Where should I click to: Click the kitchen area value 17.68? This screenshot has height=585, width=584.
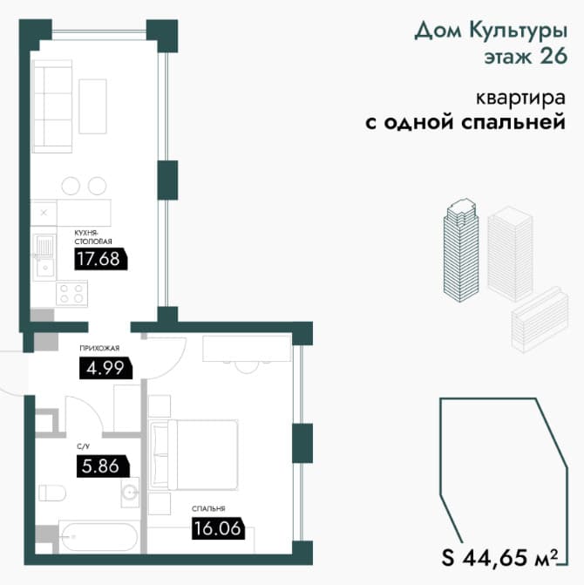(x=98, y=259)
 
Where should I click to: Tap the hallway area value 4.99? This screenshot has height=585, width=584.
(x=105, y=368)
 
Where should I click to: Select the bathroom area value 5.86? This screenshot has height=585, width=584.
(x=100, y=466)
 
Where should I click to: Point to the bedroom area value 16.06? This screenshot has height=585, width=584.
(x=217, y=528)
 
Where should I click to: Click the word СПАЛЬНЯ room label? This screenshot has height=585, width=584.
(x=208, y=508)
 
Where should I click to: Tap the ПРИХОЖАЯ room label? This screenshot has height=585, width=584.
(x=99, y=348)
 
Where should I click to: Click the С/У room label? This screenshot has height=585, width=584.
(x=83, y=446)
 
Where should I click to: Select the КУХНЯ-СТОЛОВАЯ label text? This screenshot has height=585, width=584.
(x=93, y=237)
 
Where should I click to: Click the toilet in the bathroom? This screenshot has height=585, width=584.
(x=52, y=493)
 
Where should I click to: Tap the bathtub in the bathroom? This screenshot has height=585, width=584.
(x=99, y=537)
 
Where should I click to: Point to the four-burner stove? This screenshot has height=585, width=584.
(x=71, y=293)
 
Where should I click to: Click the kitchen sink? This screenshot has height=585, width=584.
(x=44, y=257)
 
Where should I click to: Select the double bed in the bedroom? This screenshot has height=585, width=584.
(x=194, y=454)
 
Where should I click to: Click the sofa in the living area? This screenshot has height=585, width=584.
(x=51, y=106)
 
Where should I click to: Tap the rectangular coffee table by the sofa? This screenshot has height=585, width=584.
(x=93, y=106)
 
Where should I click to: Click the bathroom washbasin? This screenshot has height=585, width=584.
(x=130, y=492)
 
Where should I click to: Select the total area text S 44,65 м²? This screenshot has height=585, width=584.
(x=500, y=558)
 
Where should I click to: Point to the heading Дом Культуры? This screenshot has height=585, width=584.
(x=491, y=31)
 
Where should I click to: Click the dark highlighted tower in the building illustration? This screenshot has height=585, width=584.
(x=461, y=250)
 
